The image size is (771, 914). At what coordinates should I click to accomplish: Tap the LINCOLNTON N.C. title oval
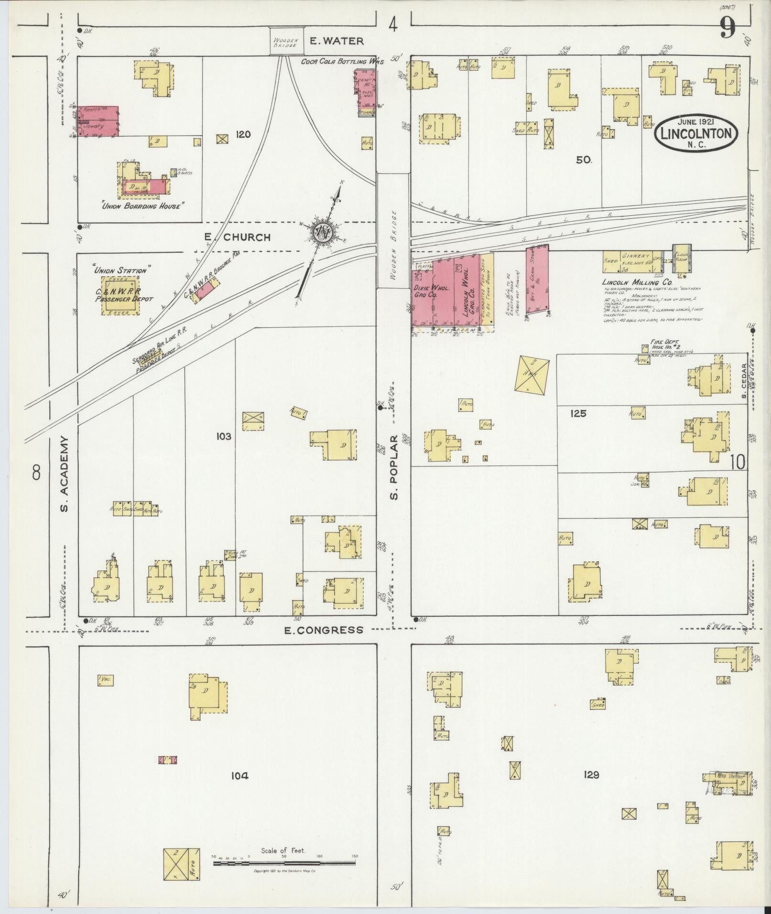(695, 133)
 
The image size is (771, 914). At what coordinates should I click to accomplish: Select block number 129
(591, 774)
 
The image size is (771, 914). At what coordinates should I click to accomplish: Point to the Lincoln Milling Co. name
(630, 282)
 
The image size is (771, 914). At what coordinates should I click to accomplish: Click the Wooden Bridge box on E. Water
(286, 42)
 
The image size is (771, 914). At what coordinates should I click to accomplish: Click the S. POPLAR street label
(394, 467)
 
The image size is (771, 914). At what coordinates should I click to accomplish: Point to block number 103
(223, 436)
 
